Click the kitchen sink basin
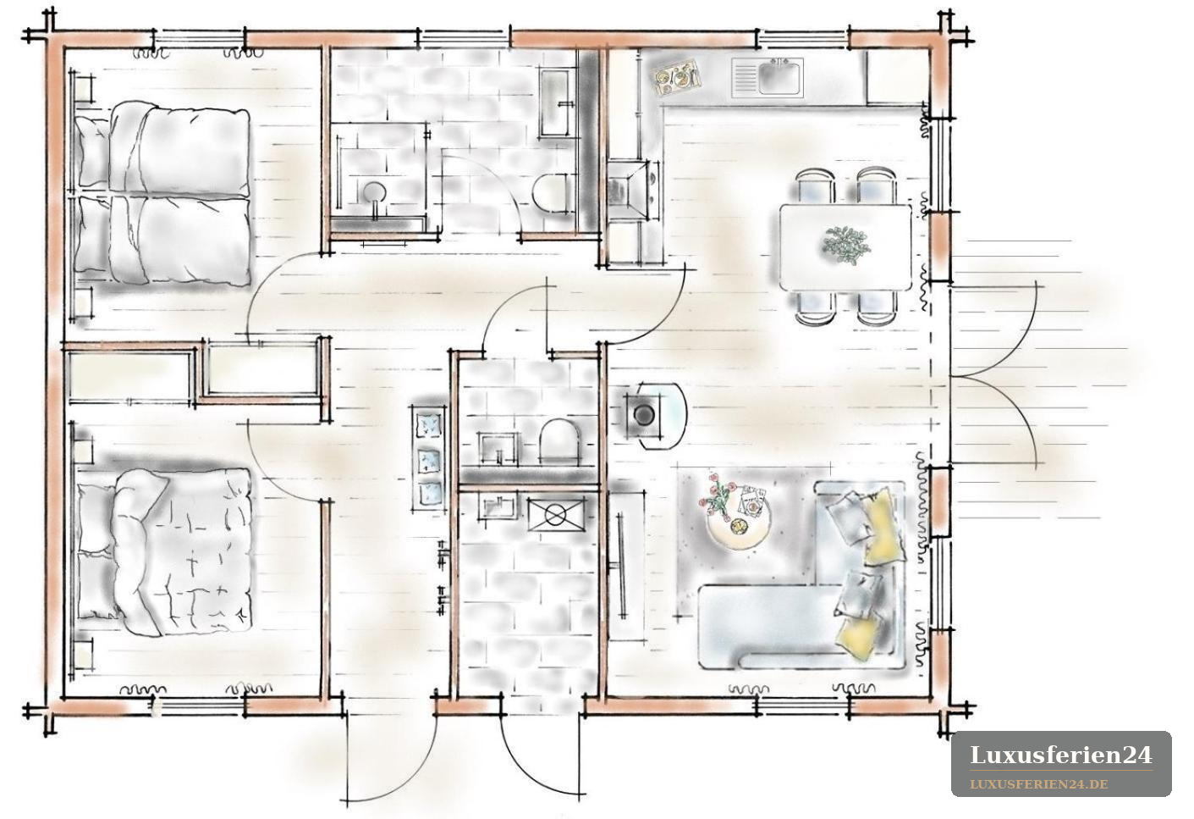[x=780, y=77]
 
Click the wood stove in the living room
[x=644, y=414]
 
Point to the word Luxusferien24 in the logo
[x=1061, y=755]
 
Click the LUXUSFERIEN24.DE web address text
[x=1039, y=784]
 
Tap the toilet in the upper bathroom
[x=554, y=196]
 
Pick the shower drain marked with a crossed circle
[x=555, y=515]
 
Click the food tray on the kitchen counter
[x=677, y=77]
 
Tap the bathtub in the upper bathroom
[x=558, y=102]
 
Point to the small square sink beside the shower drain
[x=498, y=505]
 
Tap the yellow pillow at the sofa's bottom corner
[x=858, y=637]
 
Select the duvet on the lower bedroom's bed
[x=181, y=551]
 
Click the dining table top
[x=845, y=247]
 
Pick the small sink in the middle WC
[x=498, y=447]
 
